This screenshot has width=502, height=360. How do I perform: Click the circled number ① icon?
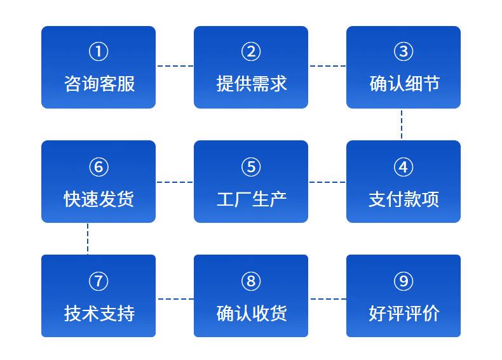(98, 51)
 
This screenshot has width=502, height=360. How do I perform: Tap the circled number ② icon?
(251, 51)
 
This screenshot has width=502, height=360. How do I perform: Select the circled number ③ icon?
(404, 51)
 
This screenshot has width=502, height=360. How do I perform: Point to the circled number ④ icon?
(404, 167)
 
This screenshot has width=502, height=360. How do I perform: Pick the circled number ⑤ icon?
(251, 167)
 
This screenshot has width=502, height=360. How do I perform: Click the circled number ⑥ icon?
(98, 167)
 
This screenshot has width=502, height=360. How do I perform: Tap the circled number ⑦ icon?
(98, 281)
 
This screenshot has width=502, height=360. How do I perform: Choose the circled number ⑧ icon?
(251, 281)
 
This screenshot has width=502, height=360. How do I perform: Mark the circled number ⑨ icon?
(404, 281)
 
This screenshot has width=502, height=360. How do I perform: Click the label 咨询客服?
(99, 84)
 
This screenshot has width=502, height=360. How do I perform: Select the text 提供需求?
(252, 84)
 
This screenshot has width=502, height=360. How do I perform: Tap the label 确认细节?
(404, 84)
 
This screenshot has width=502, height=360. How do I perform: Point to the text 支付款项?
(404, 199)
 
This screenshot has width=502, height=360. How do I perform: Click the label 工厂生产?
(252, 199)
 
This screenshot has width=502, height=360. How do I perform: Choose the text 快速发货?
(98, 199)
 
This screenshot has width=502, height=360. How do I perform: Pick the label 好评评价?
(404, 313)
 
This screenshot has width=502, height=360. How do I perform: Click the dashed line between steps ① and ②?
(175, 66)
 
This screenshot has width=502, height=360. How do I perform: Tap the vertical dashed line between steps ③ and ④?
(402, 124)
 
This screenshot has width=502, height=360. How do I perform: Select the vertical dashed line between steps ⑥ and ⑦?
(88, 239)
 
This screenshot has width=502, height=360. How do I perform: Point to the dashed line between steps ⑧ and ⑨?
(328, 299)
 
